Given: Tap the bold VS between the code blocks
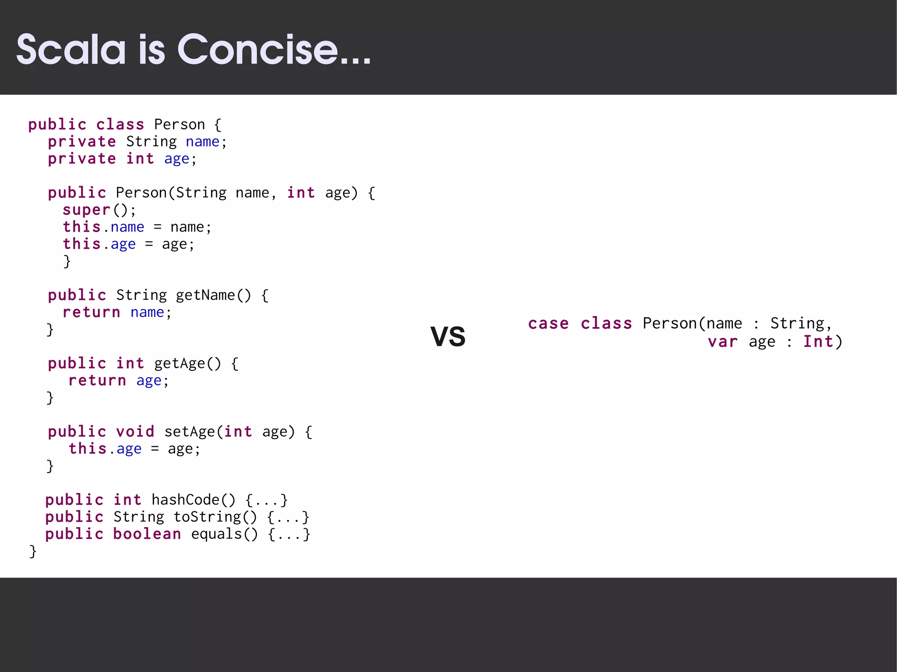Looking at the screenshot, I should coord(448,336).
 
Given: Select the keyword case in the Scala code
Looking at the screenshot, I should coord(548,323).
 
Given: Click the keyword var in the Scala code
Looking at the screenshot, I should coord(723,341).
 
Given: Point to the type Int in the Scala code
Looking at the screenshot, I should coord(818,341).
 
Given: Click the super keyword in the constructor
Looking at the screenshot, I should coord(86,210).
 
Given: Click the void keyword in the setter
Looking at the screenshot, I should coord(135,432).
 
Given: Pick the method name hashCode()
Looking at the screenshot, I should coord(193,500).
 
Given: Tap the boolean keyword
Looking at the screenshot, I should coord(147,534).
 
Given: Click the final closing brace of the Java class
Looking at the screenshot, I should coord(33,551).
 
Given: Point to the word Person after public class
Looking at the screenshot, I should coord(179,125).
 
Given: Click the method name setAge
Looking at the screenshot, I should coord(190,432).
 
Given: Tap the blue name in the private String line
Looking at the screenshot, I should coord(202,142).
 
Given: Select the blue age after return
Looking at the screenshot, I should coord(149,381).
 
